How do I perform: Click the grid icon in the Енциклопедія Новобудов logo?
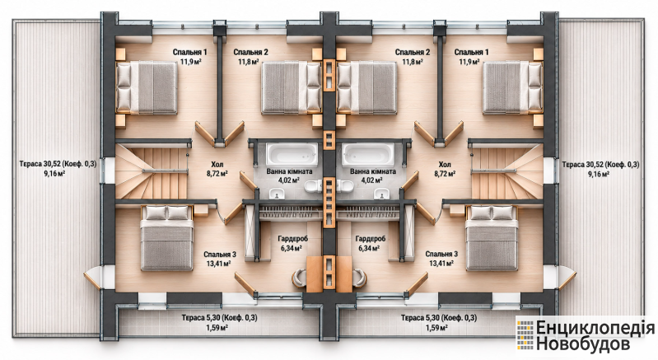pos(525,334)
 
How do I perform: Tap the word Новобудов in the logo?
pos(584,344)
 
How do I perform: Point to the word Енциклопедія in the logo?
pos(595,328)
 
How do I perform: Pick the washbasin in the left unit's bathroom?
pos(277,194)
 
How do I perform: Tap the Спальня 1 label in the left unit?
pos(190,53)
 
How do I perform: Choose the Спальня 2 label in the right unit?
pos(413,53)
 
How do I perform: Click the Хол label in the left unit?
pos(217,164)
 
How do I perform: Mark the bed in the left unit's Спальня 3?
pos(167,238)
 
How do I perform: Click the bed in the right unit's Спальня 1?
pos(512,87)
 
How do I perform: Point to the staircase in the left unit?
pos(152,171)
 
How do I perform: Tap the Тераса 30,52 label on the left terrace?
pos(58,164)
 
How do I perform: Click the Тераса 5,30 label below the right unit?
pos(438,318)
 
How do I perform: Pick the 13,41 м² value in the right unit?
pos(441,264)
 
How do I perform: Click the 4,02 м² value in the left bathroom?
pos(289,180)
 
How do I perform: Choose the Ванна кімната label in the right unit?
pos(372,171)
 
